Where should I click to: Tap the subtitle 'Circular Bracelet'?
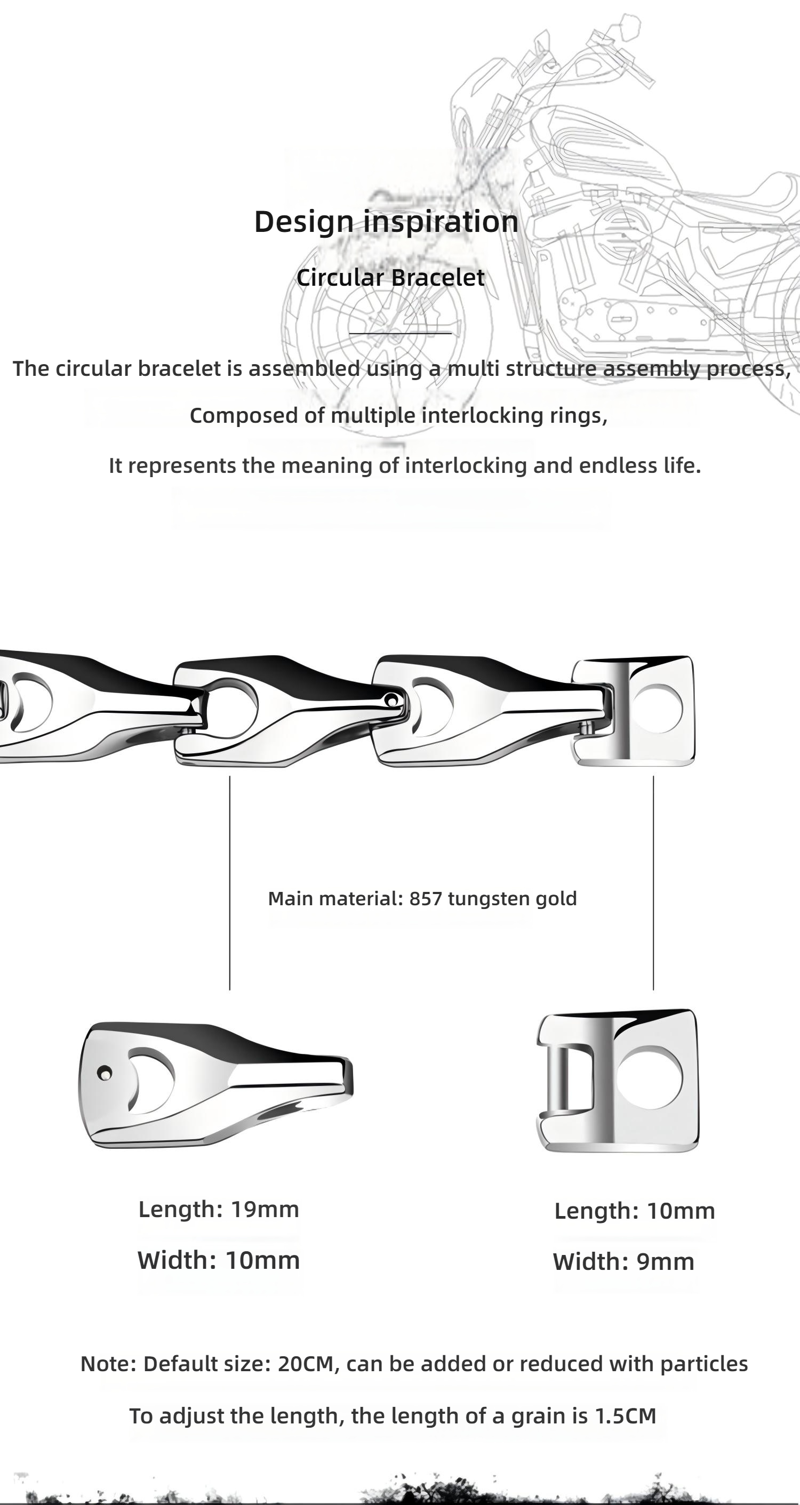click(x=390, y=278)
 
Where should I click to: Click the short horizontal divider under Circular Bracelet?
click(x=401, y=334)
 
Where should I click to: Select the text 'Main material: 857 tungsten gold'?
click(x=422, y=898)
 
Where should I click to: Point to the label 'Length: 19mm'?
click(x=219, y=1209)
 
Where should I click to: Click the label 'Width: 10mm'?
click(x=219, y=1260)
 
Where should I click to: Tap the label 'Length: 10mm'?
click(x=635, y=1211)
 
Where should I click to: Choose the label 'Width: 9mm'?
click(x=623, y=1262)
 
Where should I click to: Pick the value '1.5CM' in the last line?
click(x=625, y=1416)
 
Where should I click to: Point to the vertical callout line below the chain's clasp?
click(x=653, y=883)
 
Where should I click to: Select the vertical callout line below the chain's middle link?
click(x=230, y=883)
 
